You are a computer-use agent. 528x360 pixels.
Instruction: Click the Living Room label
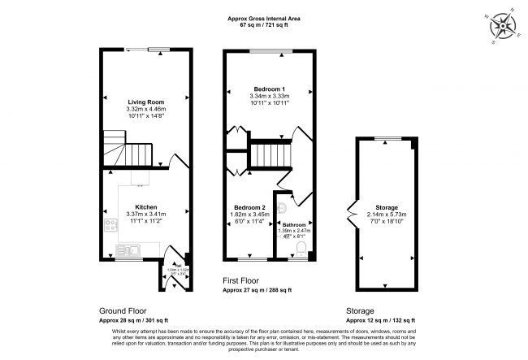coord(146,102)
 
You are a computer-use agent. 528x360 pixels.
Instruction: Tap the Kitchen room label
coord(146,207)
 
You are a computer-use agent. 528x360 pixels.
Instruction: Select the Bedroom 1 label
coord(267,88)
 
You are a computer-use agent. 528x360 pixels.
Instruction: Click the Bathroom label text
coord(293,225)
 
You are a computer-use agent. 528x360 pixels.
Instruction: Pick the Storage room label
coord(385,207)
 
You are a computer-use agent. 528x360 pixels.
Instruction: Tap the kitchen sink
coord(130,249)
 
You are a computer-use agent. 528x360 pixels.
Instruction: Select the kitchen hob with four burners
coord(109,224)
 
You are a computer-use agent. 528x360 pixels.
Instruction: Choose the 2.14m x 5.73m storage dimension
coord(385,215)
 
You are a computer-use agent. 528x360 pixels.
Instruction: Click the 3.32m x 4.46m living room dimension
coord(146,110)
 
